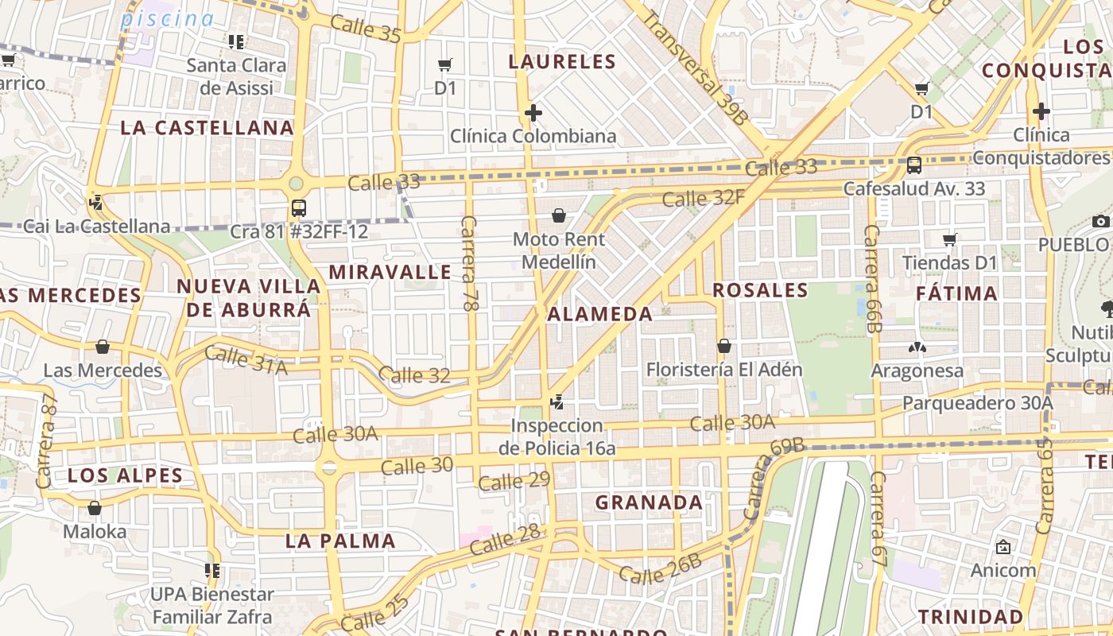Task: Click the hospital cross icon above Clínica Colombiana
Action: pos(533,113)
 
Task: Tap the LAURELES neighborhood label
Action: pos(562,61)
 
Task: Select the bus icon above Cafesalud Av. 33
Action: pos(914,165)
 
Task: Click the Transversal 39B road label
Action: pos(696,68)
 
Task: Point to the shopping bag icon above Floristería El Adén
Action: pos(723,346)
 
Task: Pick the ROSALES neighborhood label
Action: pos(760,290)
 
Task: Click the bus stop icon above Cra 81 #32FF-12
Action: pos(299,208)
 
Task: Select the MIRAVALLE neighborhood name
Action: pos(390,272)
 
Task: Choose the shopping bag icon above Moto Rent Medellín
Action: pos(559,215)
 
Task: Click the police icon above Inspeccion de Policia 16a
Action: pos(557,402)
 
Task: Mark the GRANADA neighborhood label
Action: pos(649,502)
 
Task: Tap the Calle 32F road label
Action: pos(703,197)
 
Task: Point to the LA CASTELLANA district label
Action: pos(207,128)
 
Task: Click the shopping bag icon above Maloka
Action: pos(95,508)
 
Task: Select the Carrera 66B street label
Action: pos(874,278)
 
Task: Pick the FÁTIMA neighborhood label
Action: pos(956,293)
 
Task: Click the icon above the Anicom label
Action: pos(1002,547)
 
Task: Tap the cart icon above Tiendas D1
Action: pos(949,239)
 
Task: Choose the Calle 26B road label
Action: pos(660,569)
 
